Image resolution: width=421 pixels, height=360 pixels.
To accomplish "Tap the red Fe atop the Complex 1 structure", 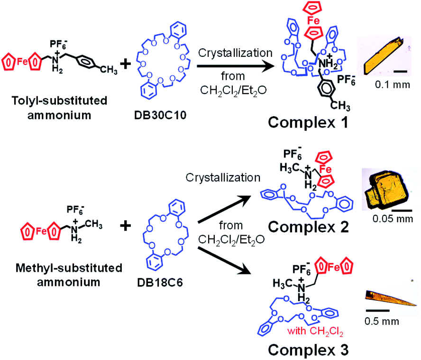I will [312, 20].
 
